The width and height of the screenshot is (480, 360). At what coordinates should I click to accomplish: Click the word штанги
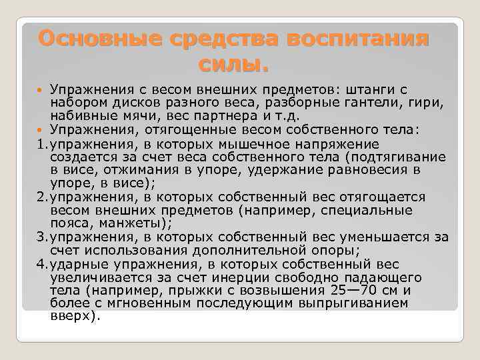coord(365,89)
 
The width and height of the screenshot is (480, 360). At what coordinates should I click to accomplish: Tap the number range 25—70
coord(352,289)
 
